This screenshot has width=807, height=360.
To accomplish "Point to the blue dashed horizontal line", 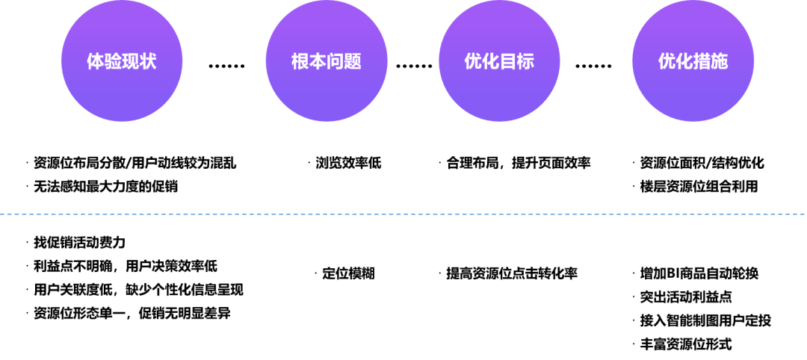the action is (403, 214).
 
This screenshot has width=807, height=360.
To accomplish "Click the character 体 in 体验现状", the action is (96, 61).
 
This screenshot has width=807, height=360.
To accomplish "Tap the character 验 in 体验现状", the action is (113, 61).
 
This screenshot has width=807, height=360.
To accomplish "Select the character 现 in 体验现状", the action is (131, 61).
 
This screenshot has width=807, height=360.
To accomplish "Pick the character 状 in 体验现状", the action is (148, 61).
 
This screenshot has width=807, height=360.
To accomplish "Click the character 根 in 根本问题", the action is (300, 61).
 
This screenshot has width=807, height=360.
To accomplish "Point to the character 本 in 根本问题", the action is (318, 61).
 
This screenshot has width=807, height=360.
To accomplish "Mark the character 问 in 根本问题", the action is (336, 61).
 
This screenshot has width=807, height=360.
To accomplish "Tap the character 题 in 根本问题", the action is (353, 61).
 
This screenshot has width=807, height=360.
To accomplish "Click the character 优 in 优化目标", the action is (473, 61).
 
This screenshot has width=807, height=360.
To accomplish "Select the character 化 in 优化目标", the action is (490, 61).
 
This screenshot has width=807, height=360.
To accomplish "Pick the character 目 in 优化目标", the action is (508, 61).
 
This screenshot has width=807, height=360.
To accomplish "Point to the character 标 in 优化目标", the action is (525, 61).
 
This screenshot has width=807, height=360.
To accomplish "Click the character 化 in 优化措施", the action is (684, 61).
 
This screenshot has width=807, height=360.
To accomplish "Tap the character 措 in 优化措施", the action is (702, 61).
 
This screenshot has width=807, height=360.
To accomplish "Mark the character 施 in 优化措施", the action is (719, 61).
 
